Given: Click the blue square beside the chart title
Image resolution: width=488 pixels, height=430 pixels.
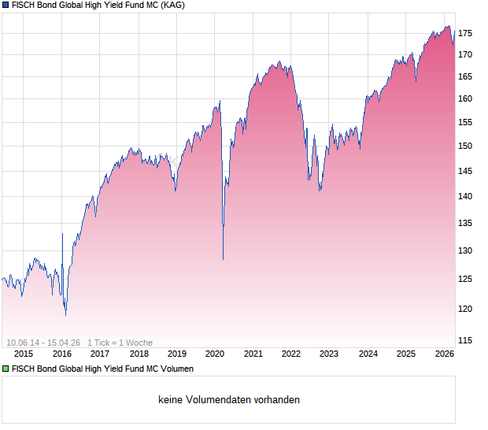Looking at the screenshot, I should [x=5, y=6].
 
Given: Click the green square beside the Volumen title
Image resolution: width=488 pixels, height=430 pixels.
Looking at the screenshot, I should [x=5, y=369].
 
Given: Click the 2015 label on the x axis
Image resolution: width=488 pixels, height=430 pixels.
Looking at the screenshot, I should [x=24, y=354].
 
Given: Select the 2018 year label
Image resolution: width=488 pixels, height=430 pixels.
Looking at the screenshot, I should [x=139, y=354].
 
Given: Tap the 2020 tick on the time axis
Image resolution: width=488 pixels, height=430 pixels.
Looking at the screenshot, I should [x=215, y=354].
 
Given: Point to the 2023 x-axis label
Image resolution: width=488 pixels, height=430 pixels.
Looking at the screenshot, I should [x=329, y=354].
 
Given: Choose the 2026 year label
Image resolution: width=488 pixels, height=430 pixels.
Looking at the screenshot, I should [x=444, y=354].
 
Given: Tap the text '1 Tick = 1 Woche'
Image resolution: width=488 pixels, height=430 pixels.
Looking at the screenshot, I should [x=120, y=343].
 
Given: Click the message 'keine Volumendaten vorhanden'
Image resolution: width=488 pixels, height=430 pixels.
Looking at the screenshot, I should [x=228, y=400].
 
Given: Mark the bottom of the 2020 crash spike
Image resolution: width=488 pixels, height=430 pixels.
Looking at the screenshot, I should [x=223, y=259].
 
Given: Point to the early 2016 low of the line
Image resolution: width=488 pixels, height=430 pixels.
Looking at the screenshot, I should [x=65, y=314].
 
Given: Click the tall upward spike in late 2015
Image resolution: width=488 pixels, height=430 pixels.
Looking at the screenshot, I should [x=62, y=234].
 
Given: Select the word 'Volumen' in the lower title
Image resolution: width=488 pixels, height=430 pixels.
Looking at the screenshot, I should [x=176, y=369].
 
